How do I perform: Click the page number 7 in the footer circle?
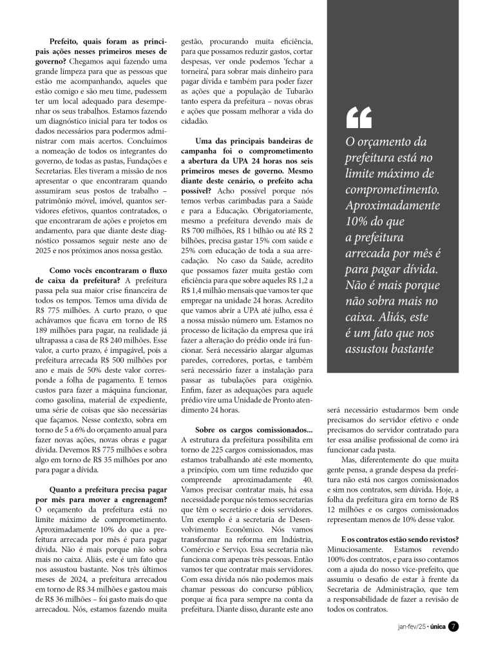(x=453, y=626)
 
